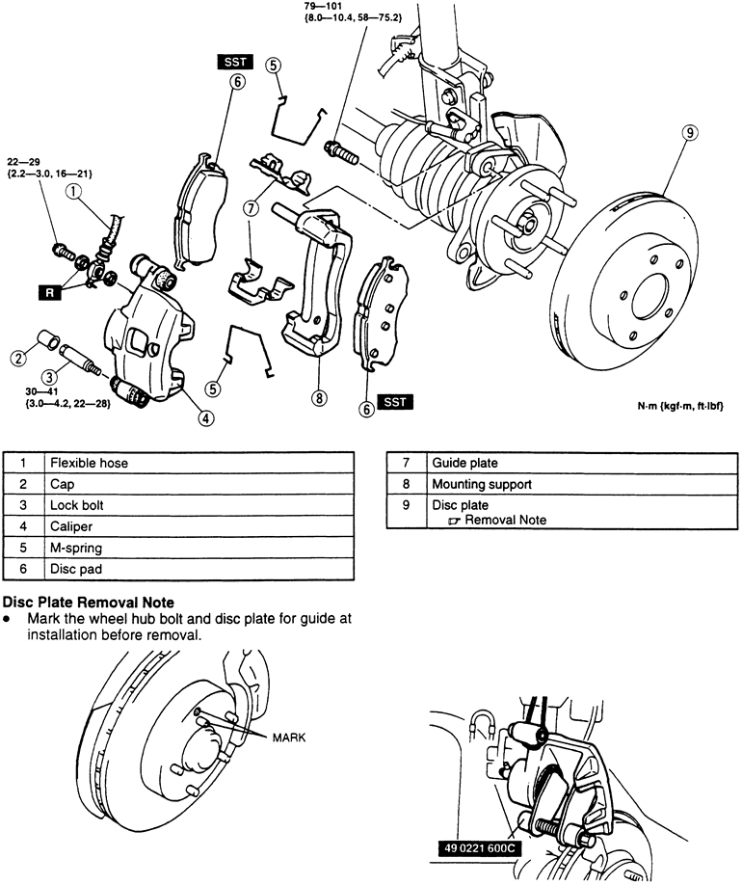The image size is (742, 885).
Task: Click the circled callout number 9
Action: [691, 134]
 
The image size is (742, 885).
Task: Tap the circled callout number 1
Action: [74, 191]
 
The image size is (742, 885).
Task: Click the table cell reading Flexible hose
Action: [89, 463]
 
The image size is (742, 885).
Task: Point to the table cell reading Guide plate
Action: [464, 463]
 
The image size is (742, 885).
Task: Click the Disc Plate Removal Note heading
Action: [91, 603]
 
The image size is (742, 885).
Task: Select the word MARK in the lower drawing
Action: [288, 737]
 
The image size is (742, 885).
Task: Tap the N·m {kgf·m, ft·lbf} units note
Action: [679, 407]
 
